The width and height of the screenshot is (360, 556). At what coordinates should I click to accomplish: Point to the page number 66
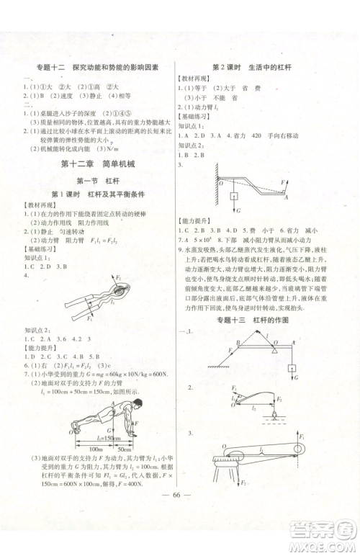[179, 516]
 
